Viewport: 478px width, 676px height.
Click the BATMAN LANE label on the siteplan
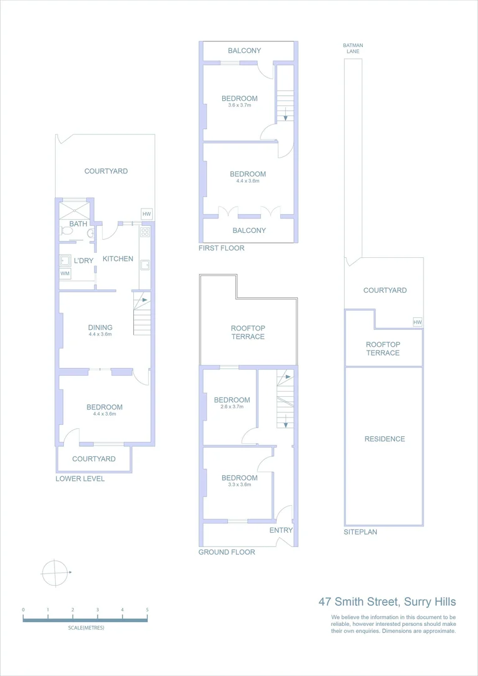(353, 49)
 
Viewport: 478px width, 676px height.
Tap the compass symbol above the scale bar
(54, 571)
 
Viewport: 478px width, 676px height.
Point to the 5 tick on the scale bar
(147, 610)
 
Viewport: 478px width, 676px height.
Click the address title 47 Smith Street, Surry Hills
(387, 602)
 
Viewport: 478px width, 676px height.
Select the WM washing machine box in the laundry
(65, 274)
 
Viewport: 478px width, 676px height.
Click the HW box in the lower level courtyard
(146, 214)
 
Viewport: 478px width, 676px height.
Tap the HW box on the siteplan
(417, 322)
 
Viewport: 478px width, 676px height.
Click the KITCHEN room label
(118, 259)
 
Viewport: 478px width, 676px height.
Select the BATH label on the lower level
(78, 223)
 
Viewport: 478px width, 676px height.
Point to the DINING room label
(100, 327)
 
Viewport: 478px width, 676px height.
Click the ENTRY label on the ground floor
(281, 530)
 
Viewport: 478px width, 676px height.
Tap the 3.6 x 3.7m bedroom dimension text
(239, 105)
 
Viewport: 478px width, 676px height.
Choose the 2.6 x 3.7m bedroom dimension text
(231, 407)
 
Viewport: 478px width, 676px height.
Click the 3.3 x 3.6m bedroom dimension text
(239, 484)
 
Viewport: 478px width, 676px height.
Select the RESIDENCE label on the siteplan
(385, 439)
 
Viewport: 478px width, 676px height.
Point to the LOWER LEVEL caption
(80, 479)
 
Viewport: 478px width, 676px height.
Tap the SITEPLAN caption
(360, 532)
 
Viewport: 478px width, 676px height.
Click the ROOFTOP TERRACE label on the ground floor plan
(248, 332)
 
